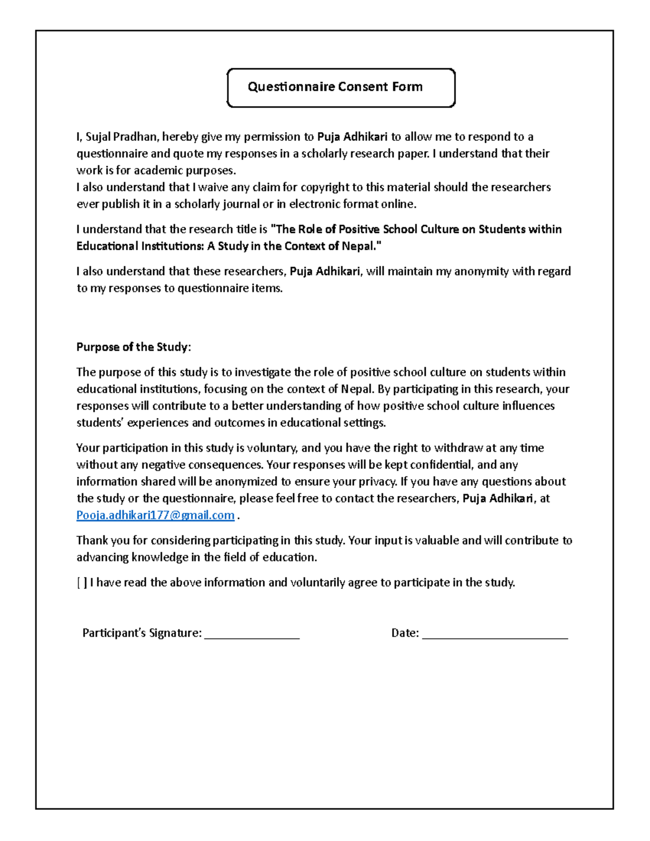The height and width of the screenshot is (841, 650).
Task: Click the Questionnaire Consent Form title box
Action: click(341, 87)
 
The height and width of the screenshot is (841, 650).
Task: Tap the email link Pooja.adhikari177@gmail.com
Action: click(155, 515)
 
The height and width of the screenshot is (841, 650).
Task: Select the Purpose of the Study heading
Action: click(133, 347)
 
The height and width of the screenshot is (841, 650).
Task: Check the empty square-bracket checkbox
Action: click(82, 583)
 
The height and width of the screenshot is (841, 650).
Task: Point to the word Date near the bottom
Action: click(405, 633)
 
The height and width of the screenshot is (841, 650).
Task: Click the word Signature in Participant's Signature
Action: click(174, 633)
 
